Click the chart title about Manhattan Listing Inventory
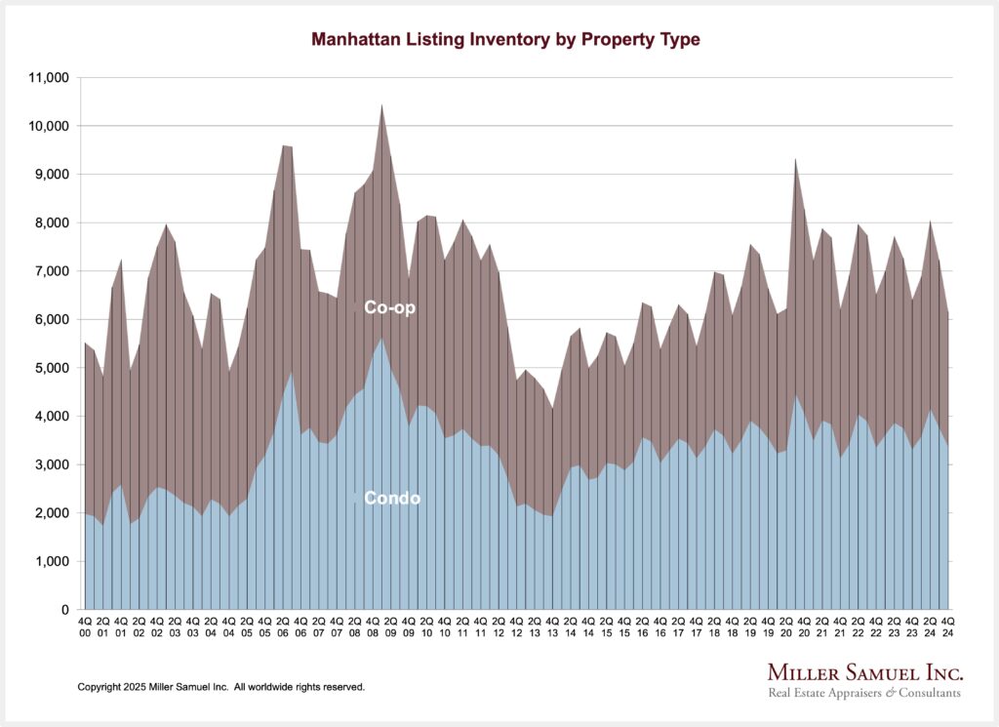point(505,40)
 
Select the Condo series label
point(392,498)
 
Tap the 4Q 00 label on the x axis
point(85,626)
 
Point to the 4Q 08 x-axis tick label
point(373,626)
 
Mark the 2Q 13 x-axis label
point(535,626)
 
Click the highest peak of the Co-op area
point(381,105)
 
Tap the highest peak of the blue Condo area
point(381,339)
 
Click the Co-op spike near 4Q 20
point(796,159)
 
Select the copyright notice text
point(221,687)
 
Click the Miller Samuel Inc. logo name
point(865,673)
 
